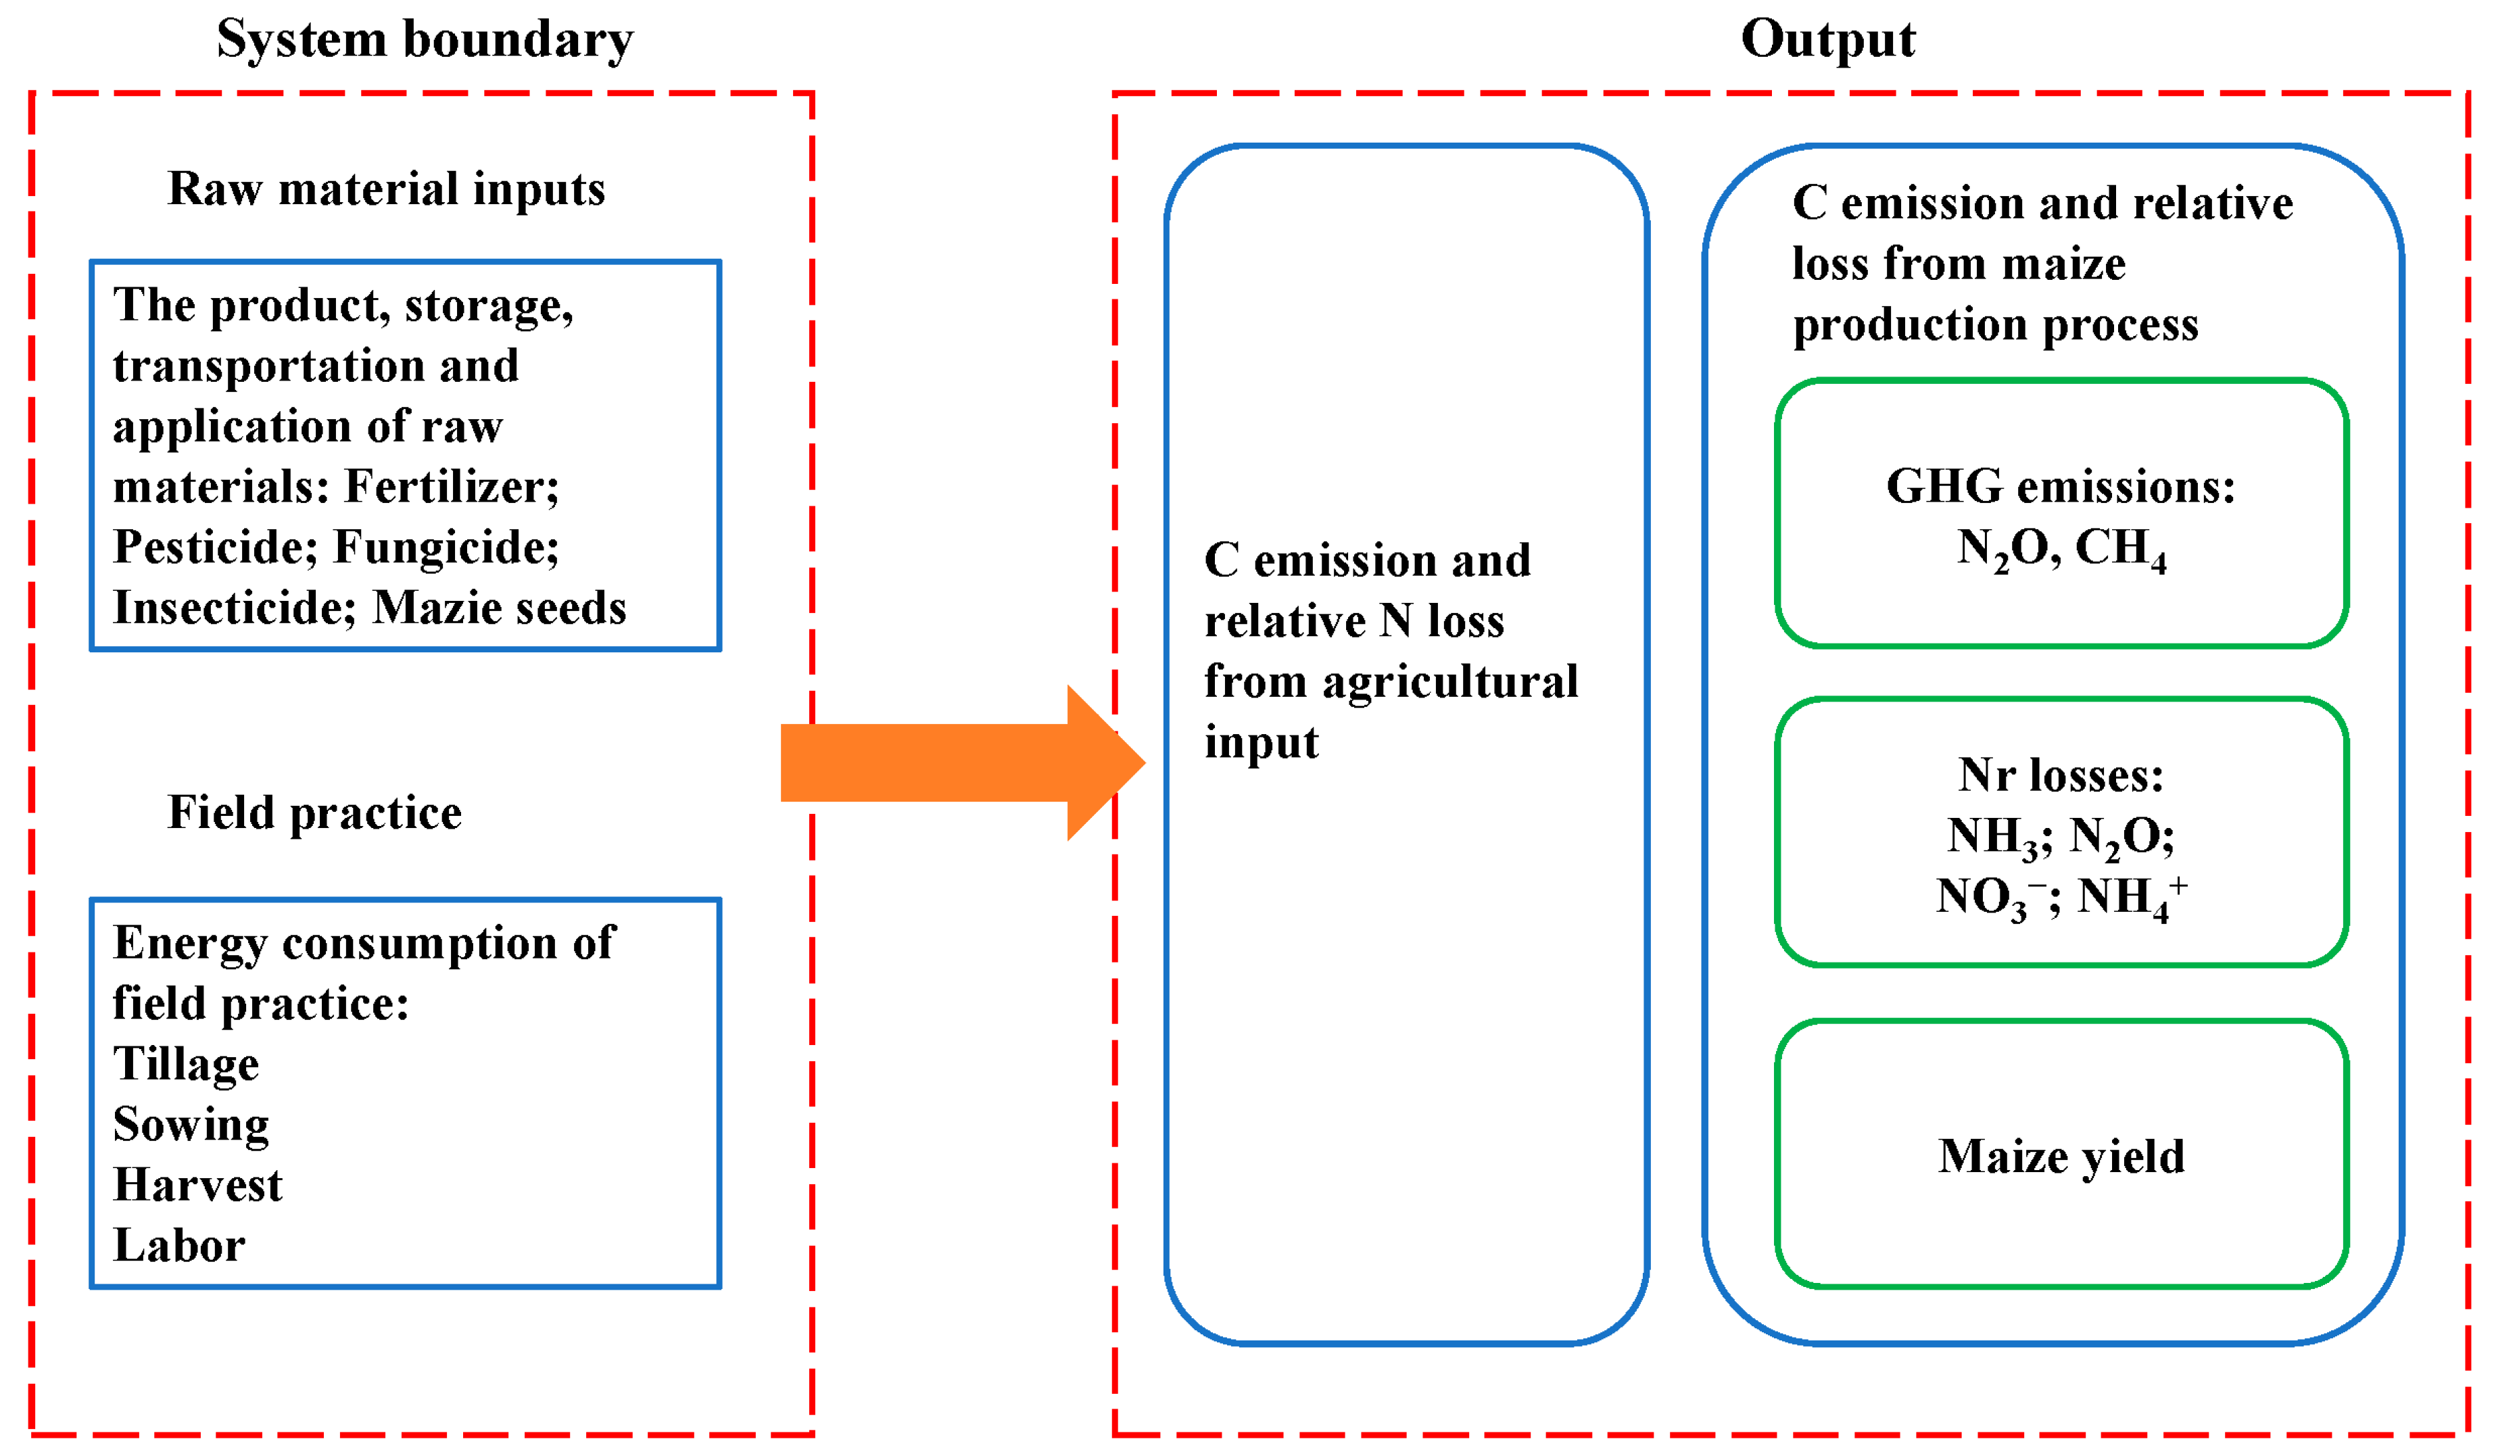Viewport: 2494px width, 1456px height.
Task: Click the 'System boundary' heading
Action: (x=425, y=41)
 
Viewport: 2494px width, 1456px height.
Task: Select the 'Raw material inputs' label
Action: (x=386, y=188)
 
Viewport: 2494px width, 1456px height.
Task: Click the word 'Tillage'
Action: (x=186, y=1064)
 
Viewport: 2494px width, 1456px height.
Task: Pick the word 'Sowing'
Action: (x=191, y=1124)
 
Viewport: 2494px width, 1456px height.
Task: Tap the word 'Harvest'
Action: (x=198, y=1185)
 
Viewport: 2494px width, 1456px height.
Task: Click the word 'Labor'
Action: (x=179, y=1245)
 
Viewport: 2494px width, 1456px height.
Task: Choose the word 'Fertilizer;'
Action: (x=452, y=487)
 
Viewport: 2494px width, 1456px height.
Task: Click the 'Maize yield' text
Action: (x=2061, y=1156)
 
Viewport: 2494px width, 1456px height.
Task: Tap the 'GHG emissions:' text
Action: (x=2061, y=487)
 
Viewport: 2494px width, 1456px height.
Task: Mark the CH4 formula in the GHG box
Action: (x=2120, y=550)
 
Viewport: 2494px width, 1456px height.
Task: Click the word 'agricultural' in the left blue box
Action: (x=1450, y=683)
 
